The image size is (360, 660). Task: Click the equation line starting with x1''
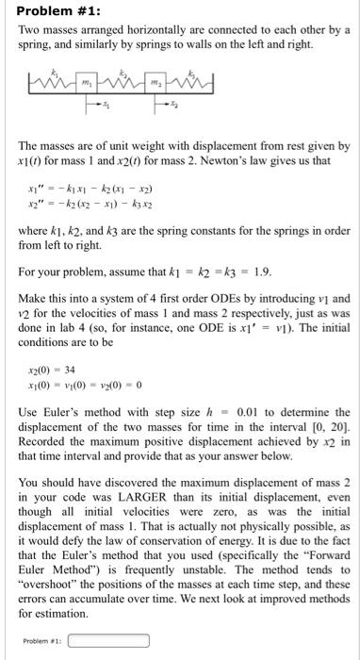coord(93,191)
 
